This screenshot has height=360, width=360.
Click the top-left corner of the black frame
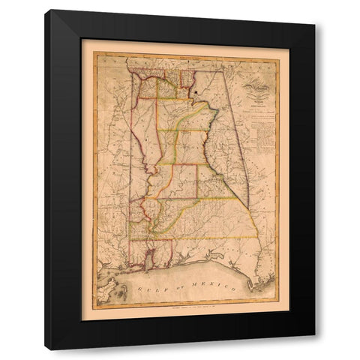point(46,10)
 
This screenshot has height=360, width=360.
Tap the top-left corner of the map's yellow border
point(93,52)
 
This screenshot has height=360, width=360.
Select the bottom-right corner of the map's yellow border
point(278,306)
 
